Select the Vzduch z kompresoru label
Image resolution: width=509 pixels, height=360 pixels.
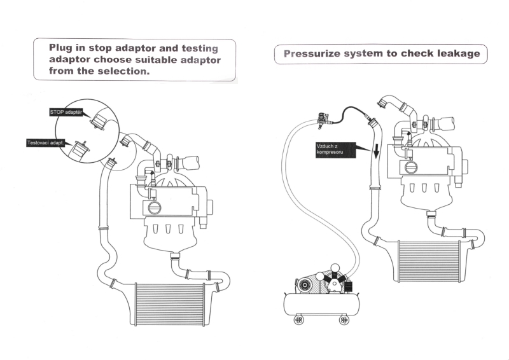[333, 150]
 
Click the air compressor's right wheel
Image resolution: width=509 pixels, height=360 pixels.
[344, 319]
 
